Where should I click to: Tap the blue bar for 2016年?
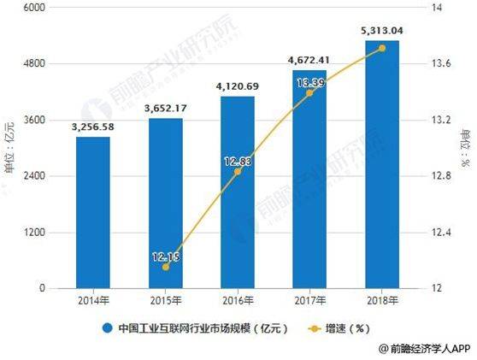pos(238,192)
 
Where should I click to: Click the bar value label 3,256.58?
pos(92,127)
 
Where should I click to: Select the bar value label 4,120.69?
pos(238,87)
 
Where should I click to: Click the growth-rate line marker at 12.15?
pos(165,267)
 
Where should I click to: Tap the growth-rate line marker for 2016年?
pos(238,172)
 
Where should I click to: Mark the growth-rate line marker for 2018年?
pos(381,48)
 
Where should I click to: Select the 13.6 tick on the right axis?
pos(444,64)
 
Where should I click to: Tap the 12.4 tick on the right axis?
pos(444,233)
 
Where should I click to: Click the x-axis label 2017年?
pos(309,300)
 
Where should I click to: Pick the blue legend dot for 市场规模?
pos(108,328)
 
